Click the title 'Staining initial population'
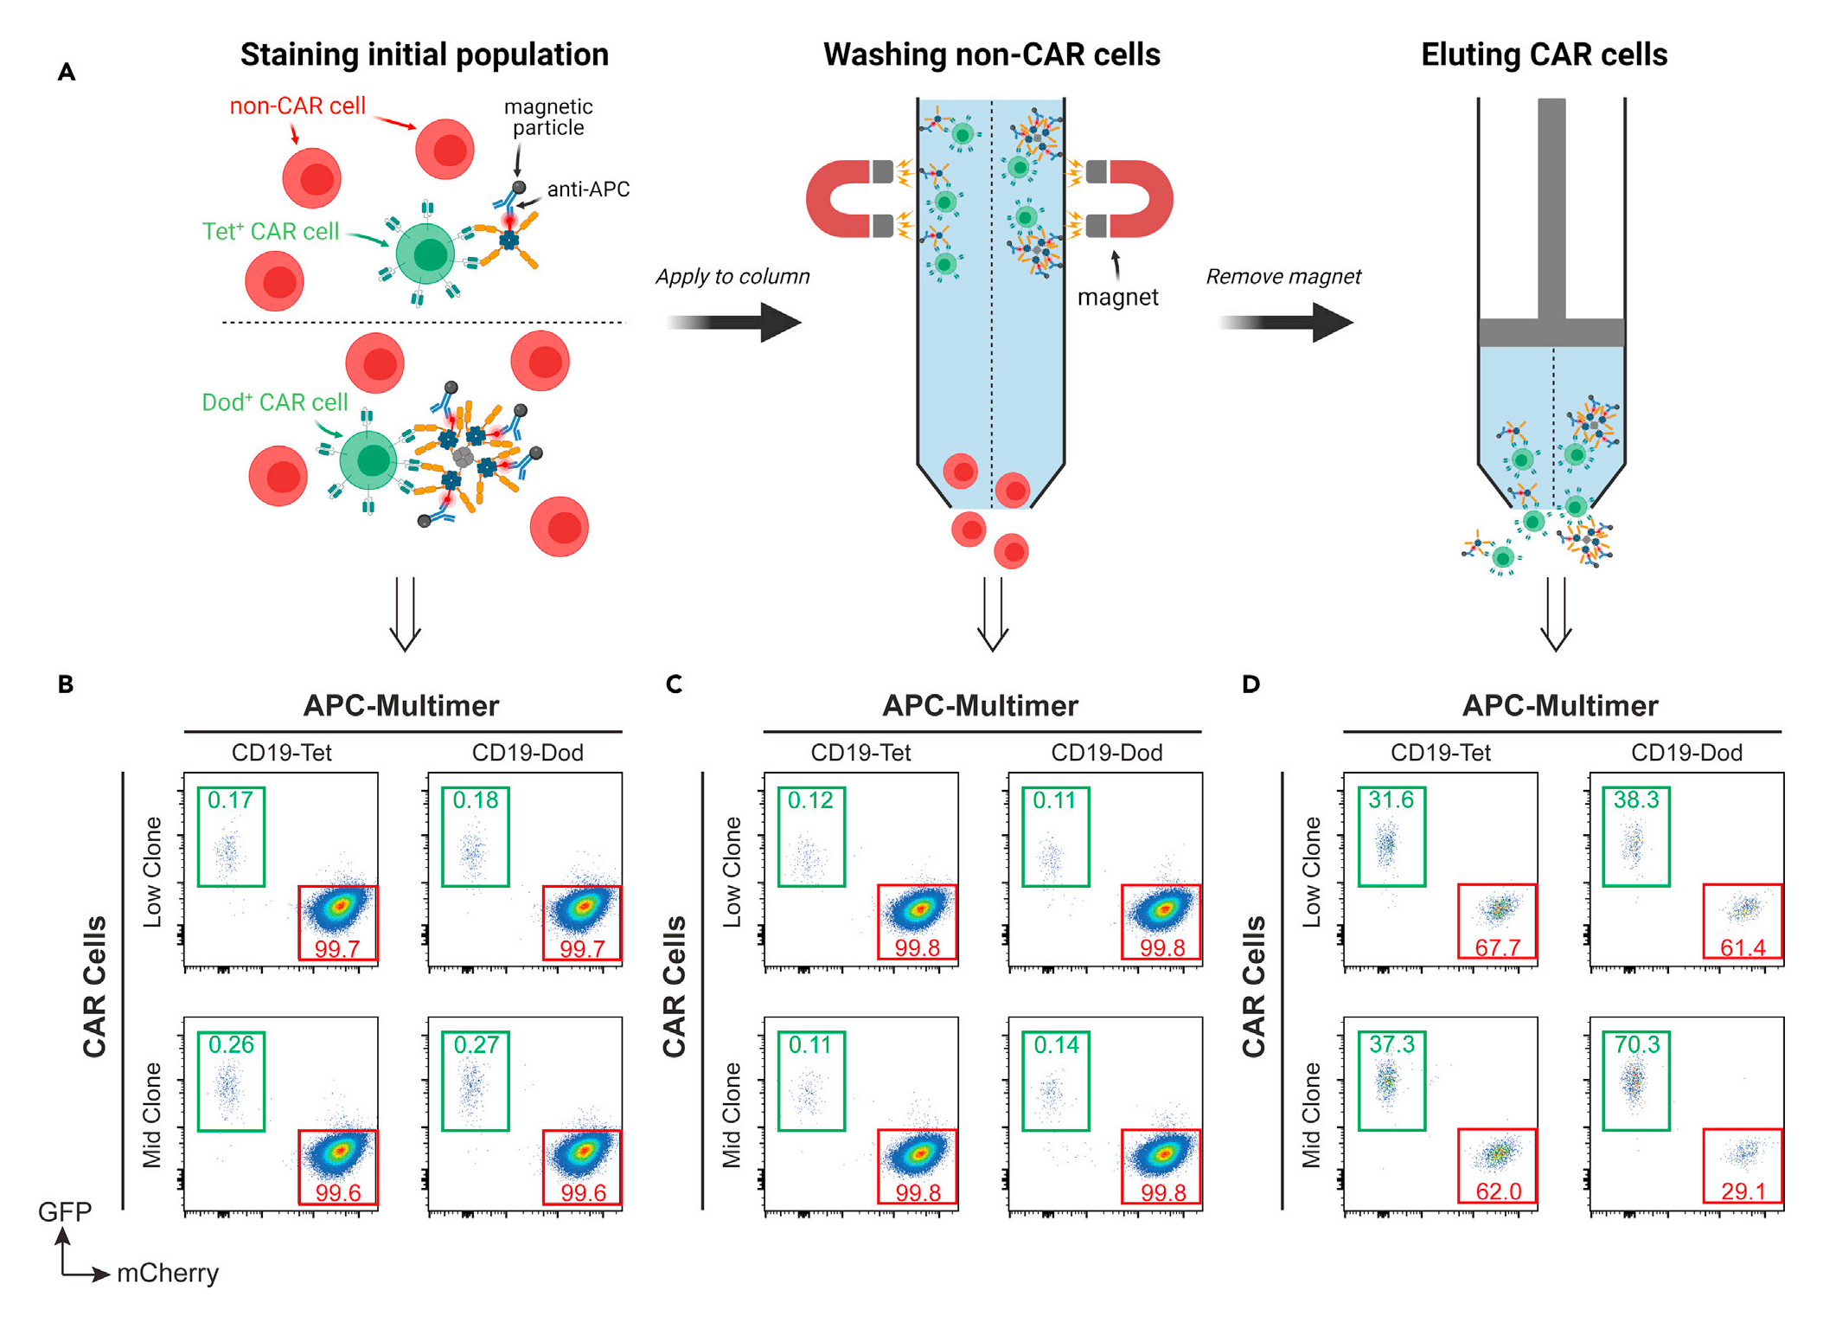click(x=424, y=55)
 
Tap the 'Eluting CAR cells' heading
click(x=1544, y=55)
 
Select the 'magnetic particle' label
click(x=548, y=117)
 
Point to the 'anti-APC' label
click(x=588, y=189)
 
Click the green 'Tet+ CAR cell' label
click(x=270, y=231)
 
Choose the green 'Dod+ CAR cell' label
click(x=274, y=402)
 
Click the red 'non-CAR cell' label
click(x=297, y=106)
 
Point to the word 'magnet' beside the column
click(x=1117, y=297)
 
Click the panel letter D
click(x=1251, y=684)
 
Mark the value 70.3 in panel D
click(x=1636, y=1044)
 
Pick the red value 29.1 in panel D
click(x=1743, y=1191)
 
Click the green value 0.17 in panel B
click(x=230, y=799)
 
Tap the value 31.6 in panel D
click(x=1391, y=799)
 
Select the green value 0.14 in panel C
click(x=1056, y=1044)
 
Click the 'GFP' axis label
click(x=64, y=1211)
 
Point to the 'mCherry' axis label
click(x=168, y=1273)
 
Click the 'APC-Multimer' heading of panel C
click(x=980, y=705)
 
